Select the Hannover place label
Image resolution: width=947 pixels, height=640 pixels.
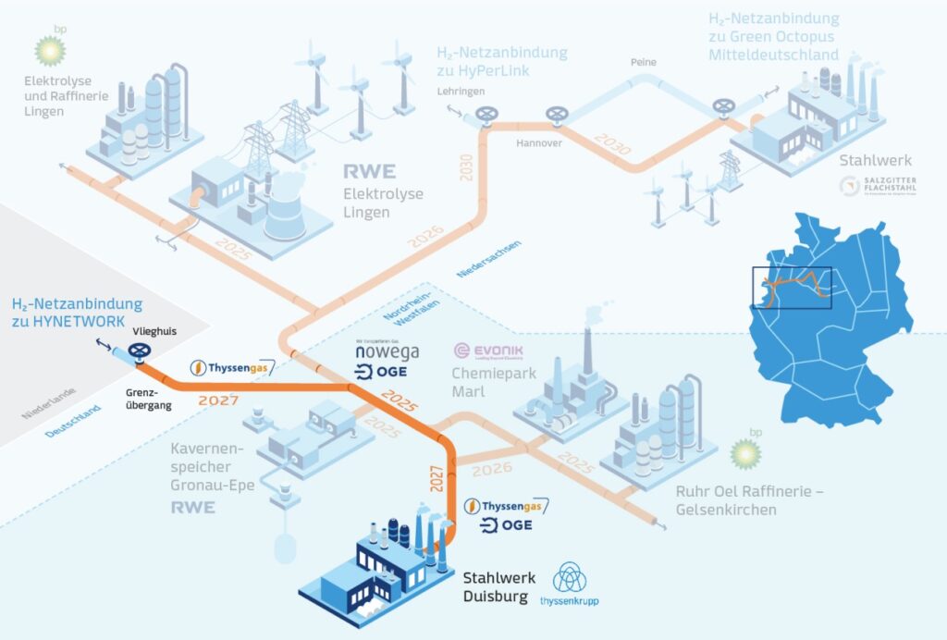pos(539,143)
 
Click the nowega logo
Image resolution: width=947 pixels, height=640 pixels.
pos(387,351)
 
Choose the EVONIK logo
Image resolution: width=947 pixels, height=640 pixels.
pos(488,352)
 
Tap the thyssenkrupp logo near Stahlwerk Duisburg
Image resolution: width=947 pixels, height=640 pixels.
pos(571,585)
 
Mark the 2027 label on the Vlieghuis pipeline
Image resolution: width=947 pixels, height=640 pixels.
pos(218,401)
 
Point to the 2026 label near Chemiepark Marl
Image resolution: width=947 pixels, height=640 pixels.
pos(492,469)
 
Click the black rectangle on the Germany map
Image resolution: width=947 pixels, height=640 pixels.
pos(792,287)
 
